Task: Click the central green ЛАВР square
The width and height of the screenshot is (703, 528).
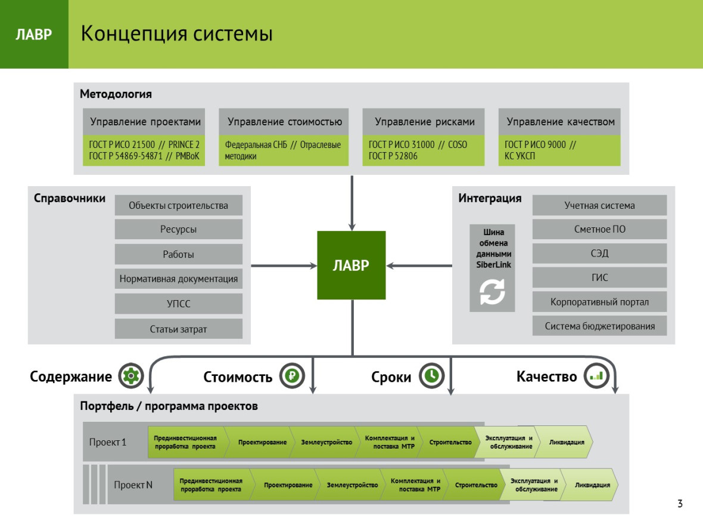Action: point(351,265)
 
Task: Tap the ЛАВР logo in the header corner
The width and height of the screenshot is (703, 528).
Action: point(34,34)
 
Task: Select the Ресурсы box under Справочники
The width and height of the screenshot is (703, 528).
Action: point(179,229)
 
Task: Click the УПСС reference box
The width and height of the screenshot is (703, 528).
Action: point(179,304)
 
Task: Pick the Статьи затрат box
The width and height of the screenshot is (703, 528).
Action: point(179,329)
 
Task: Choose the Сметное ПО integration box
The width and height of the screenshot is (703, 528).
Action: point(599,229)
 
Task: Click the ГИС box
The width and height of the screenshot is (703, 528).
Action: point(599,277)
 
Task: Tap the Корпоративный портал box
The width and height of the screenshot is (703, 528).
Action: point(599,302)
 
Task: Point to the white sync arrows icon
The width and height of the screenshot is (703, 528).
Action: point(492,292)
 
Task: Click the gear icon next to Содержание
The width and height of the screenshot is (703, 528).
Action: point(131,375)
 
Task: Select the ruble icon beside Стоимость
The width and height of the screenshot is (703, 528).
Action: point(293,375)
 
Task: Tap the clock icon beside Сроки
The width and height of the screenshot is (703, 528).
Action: point(432,375)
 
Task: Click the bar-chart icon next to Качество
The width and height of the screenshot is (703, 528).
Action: point(596,375)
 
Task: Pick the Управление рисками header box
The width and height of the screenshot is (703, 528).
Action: point(424,122)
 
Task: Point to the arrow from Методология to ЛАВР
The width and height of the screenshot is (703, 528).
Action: point(352,203)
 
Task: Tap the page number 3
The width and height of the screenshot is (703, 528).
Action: point(680,504)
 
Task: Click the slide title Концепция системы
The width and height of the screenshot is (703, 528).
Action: point(177,33)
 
